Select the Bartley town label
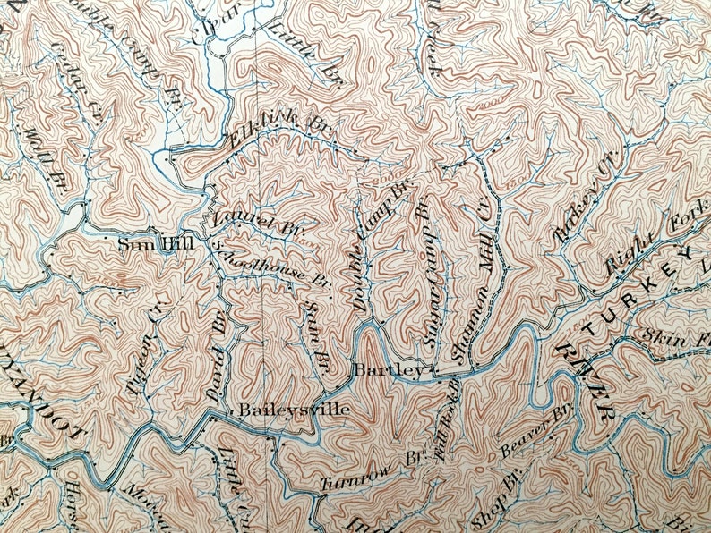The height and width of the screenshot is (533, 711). tap(387, 369)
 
